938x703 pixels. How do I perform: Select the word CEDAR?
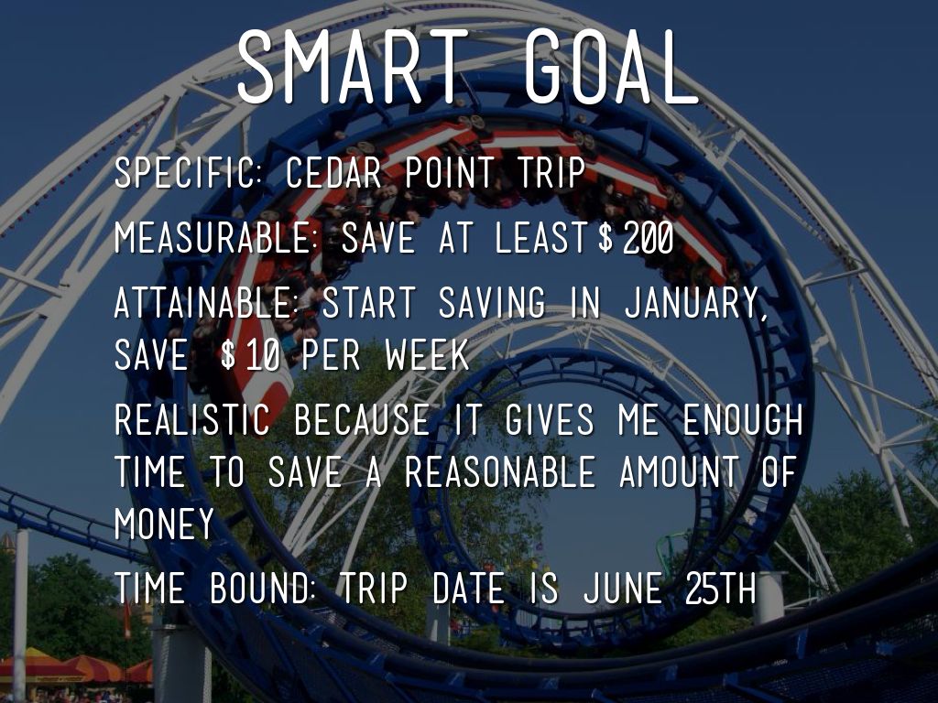[333, 173]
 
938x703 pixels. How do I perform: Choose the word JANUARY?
[696, 302]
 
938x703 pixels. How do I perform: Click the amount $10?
[250, 354]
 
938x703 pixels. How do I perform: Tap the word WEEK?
[427, 354]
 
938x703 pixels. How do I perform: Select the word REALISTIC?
[192, 419]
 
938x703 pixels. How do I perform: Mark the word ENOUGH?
[742, 419]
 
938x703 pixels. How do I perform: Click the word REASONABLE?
[500, 471]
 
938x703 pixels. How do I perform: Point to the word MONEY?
[164, 524]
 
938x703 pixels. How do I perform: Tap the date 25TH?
[721, 589]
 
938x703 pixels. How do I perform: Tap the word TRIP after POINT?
[551, 173]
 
